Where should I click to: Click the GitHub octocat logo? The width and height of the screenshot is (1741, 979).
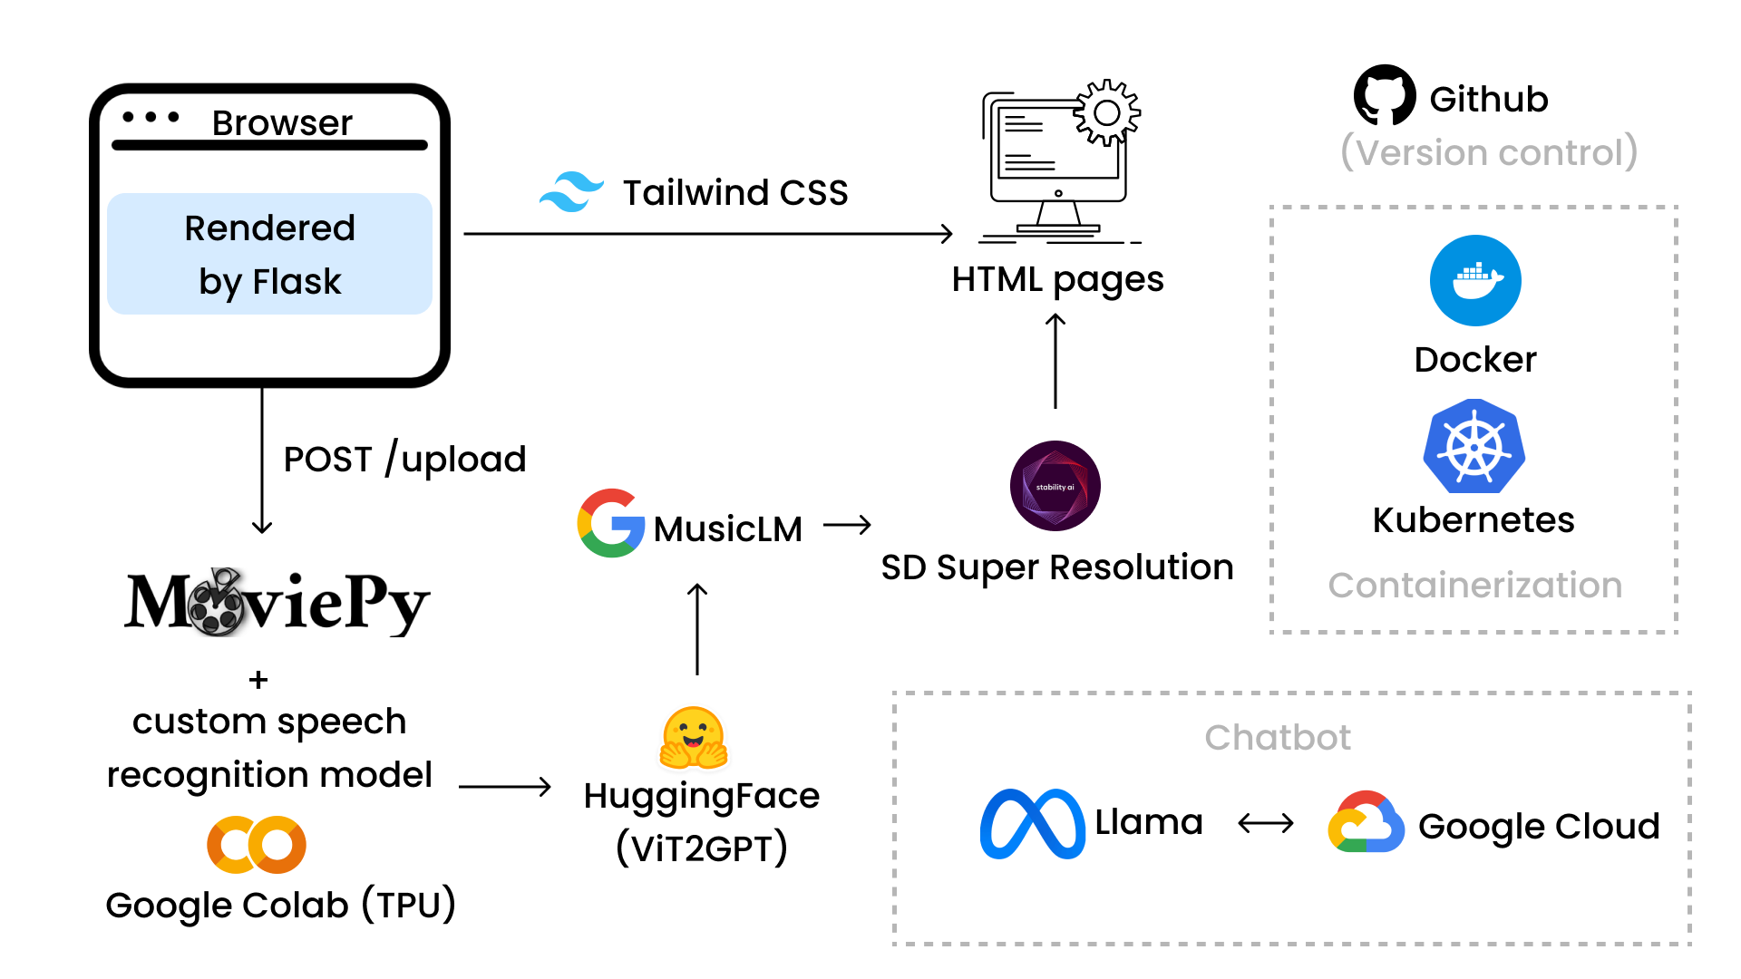coord(1384,94)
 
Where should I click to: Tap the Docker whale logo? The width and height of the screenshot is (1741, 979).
coord(1475,281)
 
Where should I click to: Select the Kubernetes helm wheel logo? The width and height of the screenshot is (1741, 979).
coord(1474,447)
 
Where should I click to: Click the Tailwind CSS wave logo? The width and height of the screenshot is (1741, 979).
coord(571,192)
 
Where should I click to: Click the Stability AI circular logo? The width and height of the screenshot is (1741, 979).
coord(1055,486)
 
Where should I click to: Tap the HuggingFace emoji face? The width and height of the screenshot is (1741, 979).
coord(694,736)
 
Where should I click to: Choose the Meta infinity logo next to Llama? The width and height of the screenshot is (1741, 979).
coord(1032,824)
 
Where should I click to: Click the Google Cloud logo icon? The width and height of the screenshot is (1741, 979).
coord(1366,823)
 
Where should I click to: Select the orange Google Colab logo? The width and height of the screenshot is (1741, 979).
coord(257,845)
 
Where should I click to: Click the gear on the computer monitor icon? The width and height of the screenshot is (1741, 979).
coord(1107,112)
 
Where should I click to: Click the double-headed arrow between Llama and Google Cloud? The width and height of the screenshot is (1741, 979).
coord(1266,823)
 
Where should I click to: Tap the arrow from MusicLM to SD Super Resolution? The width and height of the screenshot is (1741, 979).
coord(847,525)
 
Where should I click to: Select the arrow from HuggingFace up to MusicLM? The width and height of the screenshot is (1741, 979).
coord(697,630)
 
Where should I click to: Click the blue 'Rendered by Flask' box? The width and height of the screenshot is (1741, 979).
coord(269,254)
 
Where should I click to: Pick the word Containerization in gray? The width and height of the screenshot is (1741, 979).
coord(1474,586)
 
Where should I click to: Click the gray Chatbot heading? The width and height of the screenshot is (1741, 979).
coord(1278,738)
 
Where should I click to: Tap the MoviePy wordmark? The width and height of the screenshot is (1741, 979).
coord(277,603)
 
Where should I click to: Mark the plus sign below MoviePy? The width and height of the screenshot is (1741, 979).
coord(258,680)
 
